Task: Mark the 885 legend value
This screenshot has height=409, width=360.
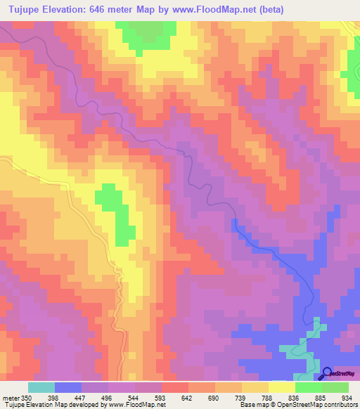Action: (x=321, y=397)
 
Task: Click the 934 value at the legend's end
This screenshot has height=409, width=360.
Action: (x=347, y=397)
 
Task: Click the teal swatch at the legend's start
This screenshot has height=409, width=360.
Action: (x=41, y=387)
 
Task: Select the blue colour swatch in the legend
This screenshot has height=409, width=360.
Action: (x=68, y=387)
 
